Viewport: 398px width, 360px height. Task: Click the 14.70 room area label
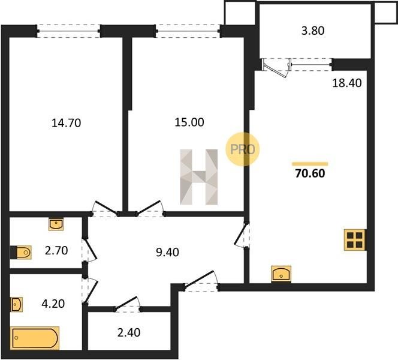point(67,123)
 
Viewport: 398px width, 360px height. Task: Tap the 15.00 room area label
point(189,122)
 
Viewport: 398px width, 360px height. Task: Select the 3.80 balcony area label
point(313,31)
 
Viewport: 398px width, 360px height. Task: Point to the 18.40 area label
point(347,83)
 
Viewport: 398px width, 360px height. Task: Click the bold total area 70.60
point(310,173)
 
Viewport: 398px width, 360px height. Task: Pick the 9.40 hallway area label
point(167,252)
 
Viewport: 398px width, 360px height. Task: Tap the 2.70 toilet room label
point(56,251)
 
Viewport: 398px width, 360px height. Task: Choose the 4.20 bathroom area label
point(53,304)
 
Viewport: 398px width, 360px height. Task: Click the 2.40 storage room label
point(129,332)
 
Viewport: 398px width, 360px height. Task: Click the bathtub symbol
point(35,338)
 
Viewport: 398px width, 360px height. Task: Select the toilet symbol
point(21,252)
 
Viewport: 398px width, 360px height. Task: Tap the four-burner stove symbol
point(355,240)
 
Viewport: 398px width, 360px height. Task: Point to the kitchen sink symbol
point(281,274)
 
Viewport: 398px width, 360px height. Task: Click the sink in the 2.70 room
point(56,224)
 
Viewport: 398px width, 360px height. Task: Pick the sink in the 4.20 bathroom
point(17,304)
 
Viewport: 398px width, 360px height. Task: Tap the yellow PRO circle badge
point(242,149)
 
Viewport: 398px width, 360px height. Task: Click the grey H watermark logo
point(199,177)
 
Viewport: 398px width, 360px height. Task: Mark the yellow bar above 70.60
point(310,164)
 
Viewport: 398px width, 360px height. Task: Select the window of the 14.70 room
point(68,31)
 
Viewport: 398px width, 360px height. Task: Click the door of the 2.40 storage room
point(128,304)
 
